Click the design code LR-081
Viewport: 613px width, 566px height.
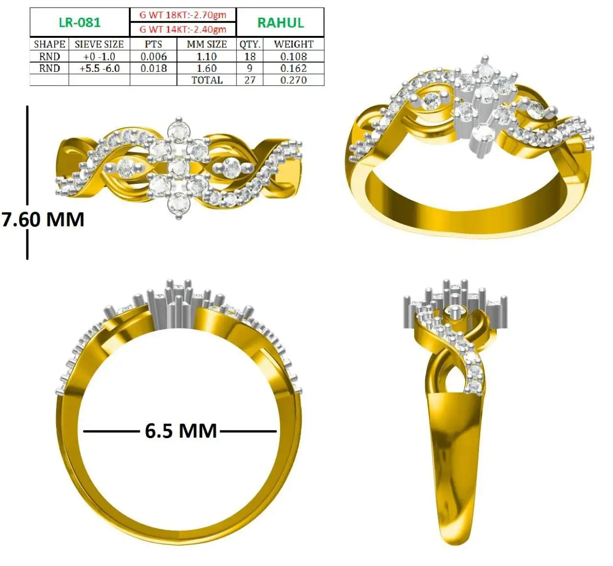click(x=79, y=23)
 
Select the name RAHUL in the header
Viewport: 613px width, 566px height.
click(x=281, y=23)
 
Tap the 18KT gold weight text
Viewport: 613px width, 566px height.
click(x=183, y=15)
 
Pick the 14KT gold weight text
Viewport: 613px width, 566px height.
click(x=183, y=30)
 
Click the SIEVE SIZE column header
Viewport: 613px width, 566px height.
click(x=99, y=45)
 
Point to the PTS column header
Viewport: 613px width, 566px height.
click(x=153, y=45)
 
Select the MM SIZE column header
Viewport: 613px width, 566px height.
click(x=207, y=45)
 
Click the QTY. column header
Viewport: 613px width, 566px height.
click(x=250, y=45)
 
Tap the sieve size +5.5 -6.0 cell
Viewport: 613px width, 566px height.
click(x=100, y=68)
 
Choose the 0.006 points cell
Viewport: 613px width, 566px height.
click(x=153, y=57)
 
